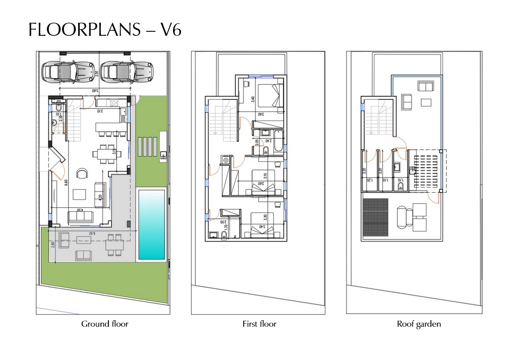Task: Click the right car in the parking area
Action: [126, 71]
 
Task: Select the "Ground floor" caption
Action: [105, 324]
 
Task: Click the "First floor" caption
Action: [259, 324]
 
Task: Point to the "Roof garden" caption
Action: [419, 324]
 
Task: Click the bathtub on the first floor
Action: [277, 142]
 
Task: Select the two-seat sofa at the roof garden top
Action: [425, 86]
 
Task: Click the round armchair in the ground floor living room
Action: [82, 174]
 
